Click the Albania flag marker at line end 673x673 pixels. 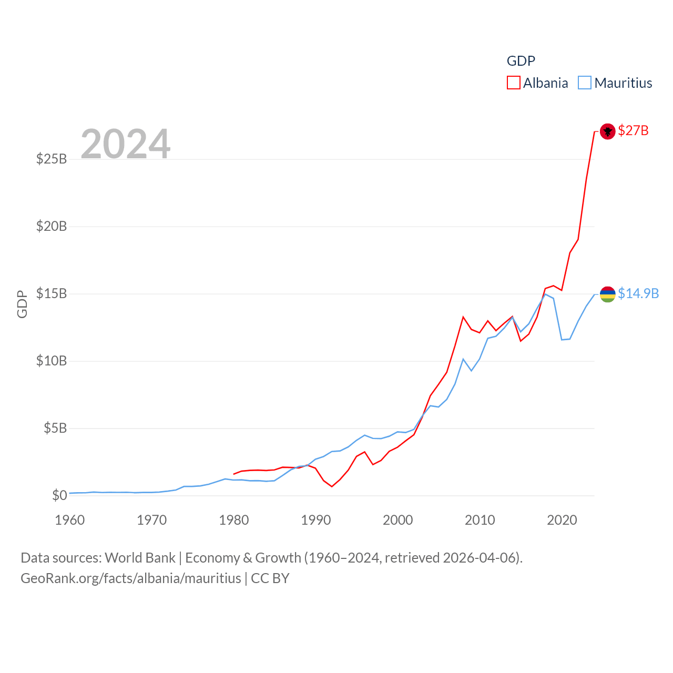pos(607,131)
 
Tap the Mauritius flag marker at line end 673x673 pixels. pos(607,294)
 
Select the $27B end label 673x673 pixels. pos(633,130)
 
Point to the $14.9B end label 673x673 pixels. pos(638,293)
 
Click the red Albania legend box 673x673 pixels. pos(514,83)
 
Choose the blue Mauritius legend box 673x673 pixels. pos(585,83)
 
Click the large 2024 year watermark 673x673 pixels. pos(126,144)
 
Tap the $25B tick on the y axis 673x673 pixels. pos(52,159)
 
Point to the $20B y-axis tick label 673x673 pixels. pos(52,226)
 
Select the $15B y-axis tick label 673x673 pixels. pos(52,293)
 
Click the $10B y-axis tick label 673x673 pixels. pos(52,361)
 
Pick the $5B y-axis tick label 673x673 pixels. pos(55,428)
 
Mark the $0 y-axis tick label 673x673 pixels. pos(59,495)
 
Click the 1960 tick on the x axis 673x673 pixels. pos(70,520)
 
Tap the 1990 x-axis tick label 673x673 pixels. pos(316,520)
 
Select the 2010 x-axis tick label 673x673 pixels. pos(480,520)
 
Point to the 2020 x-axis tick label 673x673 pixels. pos(562,520)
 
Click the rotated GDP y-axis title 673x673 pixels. pos(22,304)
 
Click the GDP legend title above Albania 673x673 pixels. pos(521,61)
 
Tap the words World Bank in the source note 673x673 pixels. pos(140,557)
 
